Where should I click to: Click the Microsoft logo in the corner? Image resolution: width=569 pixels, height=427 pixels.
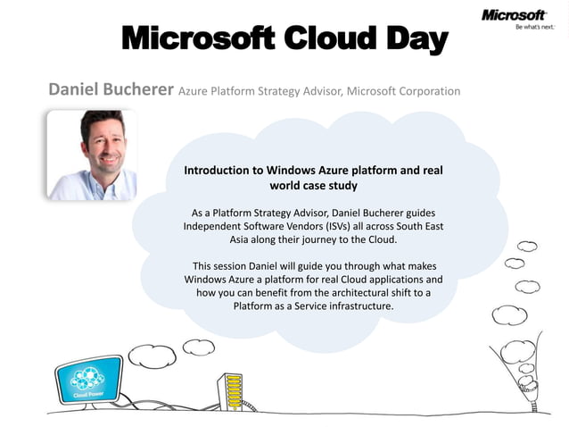coord(513,15)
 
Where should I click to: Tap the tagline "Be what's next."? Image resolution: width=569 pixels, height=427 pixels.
coord(530,28)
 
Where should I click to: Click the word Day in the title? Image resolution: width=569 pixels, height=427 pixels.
coord(406,40)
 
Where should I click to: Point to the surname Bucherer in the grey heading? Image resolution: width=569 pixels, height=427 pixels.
coord(137,90)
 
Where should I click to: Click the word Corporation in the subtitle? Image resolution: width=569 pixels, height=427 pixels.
coord(427,91)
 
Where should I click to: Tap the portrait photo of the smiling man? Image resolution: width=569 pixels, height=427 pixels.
coord(91,155)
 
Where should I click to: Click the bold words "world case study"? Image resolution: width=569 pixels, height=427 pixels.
coord(313,186)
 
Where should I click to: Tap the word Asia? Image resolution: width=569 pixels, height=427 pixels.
coord(232,240)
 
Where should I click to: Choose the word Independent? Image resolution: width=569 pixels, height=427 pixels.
coord(215,227)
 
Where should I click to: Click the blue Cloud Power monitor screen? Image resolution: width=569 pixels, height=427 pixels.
coord(89,379)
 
